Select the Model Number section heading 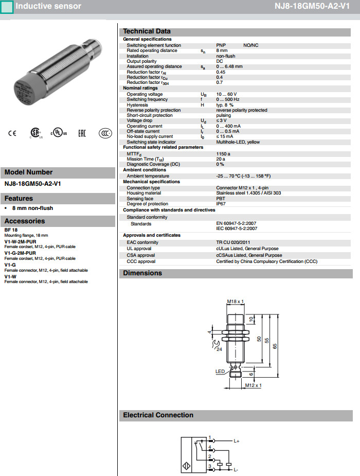[29, 172]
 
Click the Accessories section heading [25, 221]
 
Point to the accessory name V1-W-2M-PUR [20, 241]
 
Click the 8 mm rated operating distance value [222, 51]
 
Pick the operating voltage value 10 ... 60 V [227, 94]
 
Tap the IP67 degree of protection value [221, 204]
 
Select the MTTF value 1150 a [223, 154]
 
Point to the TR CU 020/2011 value [232, 242]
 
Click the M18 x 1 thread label [235, 301]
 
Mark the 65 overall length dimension [275, 346]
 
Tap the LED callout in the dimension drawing [220, 371]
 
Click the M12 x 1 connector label [253, 385]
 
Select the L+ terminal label [237, 441]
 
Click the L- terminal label [236, 470]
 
